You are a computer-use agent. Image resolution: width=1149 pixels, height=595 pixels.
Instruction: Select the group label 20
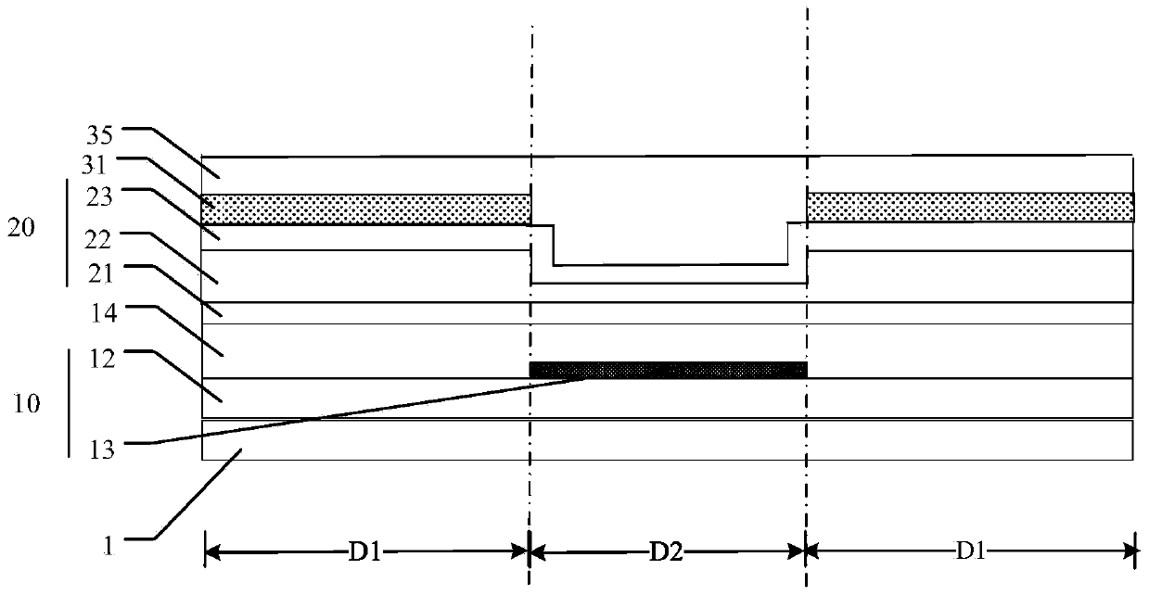pyautogui.click(x=22, y=228)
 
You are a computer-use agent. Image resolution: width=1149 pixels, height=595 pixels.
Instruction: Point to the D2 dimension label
pyautogui.click(x=666, y=553)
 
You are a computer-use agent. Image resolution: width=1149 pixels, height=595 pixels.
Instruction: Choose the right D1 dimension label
pyautogui.click(x=970, y=553)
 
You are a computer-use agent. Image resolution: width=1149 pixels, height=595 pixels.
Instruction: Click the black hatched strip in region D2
pyautogui.click(x=668, y=370)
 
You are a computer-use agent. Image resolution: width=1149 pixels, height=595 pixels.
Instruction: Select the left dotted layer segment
pyautogui.click(x=366, y=209)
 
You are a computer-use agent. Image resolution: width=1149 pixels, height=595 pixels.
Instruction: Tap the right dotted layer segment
pyautogui.click(x=970, y=208)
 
